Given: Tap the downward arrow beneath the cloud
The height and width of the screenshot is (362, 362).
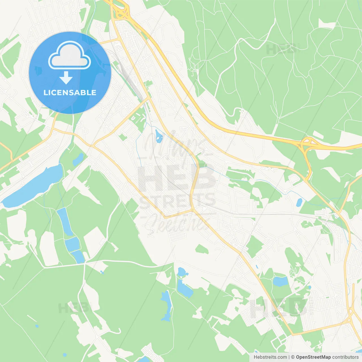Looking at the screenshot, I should pyautogui.click(x=66, y=78).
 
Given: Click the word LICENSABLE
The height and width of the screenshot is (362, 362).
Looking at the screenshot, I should pyautogui.click(x=70, y=92).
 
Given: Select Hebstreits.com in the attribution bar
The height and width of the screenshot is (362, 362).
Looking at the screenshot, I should pyautogui.click(x=270, y=357).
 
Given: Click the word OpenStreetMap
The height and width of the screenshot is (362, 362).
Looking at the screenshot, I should pyautogui.click(x=313, y=357).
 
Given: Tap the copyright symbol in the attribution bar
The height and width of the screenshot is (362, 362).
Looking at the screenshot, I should pyautogui.click(x=293, y=357).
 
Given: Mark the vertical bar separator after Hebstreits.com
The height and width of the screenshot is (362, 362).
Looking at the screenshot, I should pyautogui.click(x=289, y=357).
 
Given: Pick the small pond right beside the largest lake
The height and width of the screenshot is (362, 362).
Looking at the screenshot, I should pyautogui.click(x=78, y=159).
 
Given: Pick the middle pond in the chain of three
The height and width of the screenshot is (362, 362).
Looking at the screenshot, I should pyautogui.click(x=72, y=244).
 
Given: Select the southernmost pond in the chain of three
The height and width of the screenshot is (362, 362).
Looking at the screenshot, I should pyautogui.click(x=79, y=257).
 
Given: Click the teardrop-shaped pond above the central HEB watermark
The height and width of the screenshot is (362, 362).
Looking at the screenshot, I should pyautogui.click(x=159, y=136).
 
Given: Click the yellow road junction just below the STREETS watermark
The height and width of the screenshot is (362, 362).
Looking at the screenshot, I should pyautogui.click(x=192, y=210).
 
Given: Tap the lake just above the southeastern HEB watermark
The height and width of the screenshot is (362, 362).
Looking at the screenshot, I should pyautogui.click(x=280, y=282).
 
